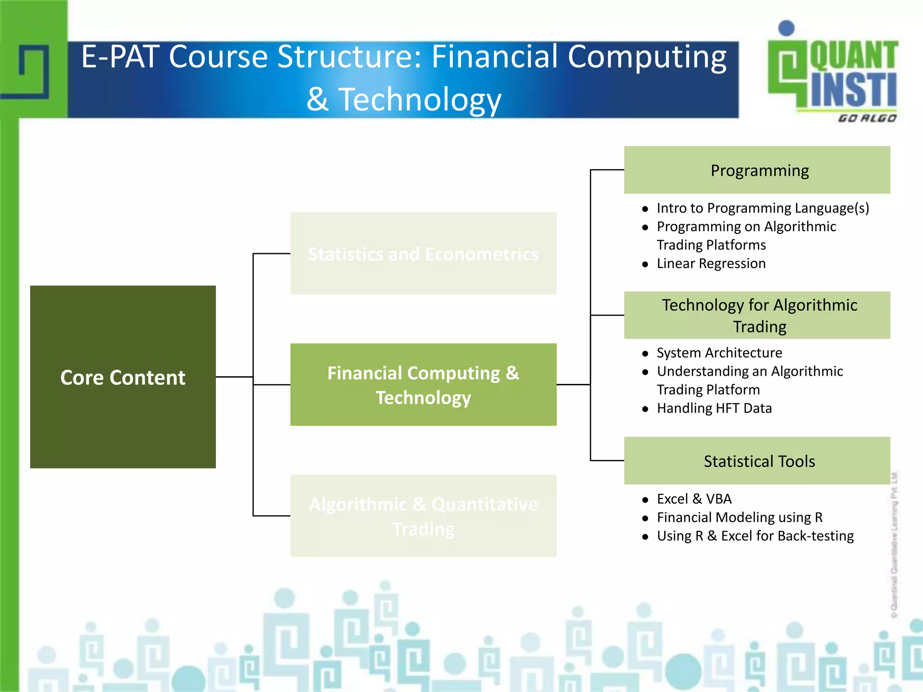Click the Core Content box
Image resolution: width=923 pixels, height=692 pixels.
[x=123, y=377]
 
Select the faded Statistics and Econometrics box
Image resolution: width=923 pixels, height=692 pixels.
[x=423, y=254]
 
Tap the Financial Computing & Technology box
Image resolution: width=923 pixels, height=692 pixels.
[x=423, y=384]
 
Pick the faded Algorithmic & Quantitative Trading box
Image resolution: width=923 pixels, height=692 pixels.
[x=423, y=515]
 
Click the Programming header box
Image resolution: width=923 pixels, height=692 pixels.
[x=757, y=170]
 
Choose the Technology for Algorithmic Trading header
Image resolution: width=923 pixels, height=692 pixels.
[x=757, y=315]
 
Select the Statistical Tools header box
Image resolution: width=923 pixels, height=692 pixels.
[x=757, y=460]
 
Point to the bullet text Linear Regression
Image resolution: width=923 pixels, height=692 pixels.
[x=711, y=263]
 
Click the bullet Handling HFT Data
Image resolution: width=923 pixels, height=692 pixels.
[x=714, y=408]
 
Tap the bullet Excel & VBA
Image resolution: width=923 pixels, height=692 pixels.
[x=694, y=499]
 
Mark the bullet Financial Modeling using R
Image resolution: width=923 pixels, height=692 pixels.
[x=739, y=517]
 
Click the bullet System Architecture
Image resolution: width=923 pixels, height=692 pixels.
[x=719, y=352]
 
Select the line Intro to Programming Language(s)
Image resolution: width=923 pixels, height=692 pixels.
[x=763, y=208]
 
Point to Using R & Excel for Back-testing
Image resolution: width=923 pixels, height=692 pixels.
[x=755, y=536]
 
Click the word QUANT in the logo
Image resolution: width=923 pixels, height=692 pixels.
[x=854, y=56]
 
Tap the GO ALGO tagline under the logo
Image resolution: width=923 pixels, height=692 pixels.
[x=867, y=118]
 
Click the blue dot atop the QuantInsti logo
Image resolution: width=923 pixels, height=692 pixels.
[x=786, y=28]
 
